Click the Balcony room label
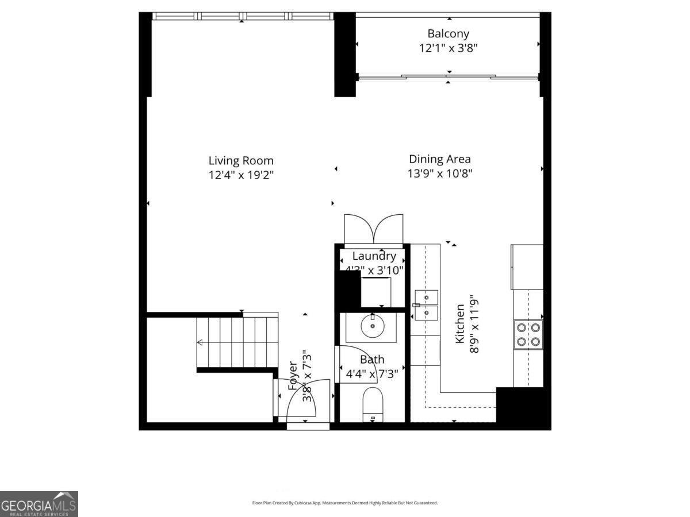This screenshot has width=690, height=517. click(448, 34)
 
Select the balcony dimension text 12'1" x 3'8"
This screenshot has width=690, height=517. click(448, 48)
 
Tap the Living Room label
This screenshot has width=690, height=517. click(241, 161)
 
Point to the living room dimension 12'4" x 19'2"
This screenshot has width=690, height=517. click(241, 175)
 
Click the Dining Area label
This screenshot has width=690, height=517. click(440, 159)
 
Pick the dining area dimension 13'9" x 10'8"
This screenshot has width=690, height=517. click(440, 173)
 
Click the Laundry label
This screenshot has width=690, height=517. click(374, 256)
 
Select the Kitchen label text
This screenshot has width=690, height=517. click(460, 325)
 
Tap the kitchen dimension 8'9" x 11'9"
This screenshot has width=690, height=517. click(475, 325)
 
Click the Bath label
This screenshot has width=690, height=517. click(372, 360)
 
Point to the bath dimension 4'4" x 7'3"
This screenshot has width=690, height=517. click(372, 375)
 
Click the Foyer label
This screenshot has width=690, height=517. click(293, 376)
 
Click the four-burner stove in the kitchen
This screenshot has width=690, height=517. click(528, 334)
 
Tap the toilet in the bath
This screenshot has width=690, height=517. click(373, 403)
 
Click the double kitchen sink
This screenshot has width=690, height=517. click(426, 305)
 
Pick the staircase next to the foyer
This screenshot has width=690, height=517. click(237, 342)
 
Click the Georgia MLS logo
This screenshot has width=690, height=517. click(39, 504)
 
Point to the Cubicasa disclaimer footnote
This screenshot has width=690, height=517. click(345, 503)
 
